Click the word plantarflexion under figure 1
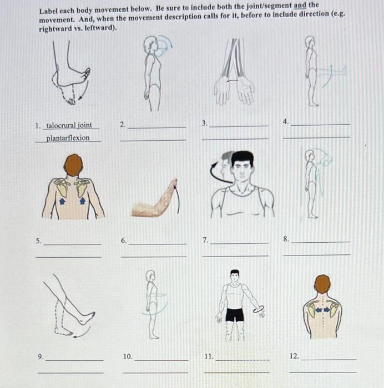68,138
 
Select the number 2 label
123,124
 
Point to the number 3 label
205,123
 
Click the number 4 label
286,121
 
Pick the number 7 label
205,241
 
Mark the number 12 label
294,355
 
